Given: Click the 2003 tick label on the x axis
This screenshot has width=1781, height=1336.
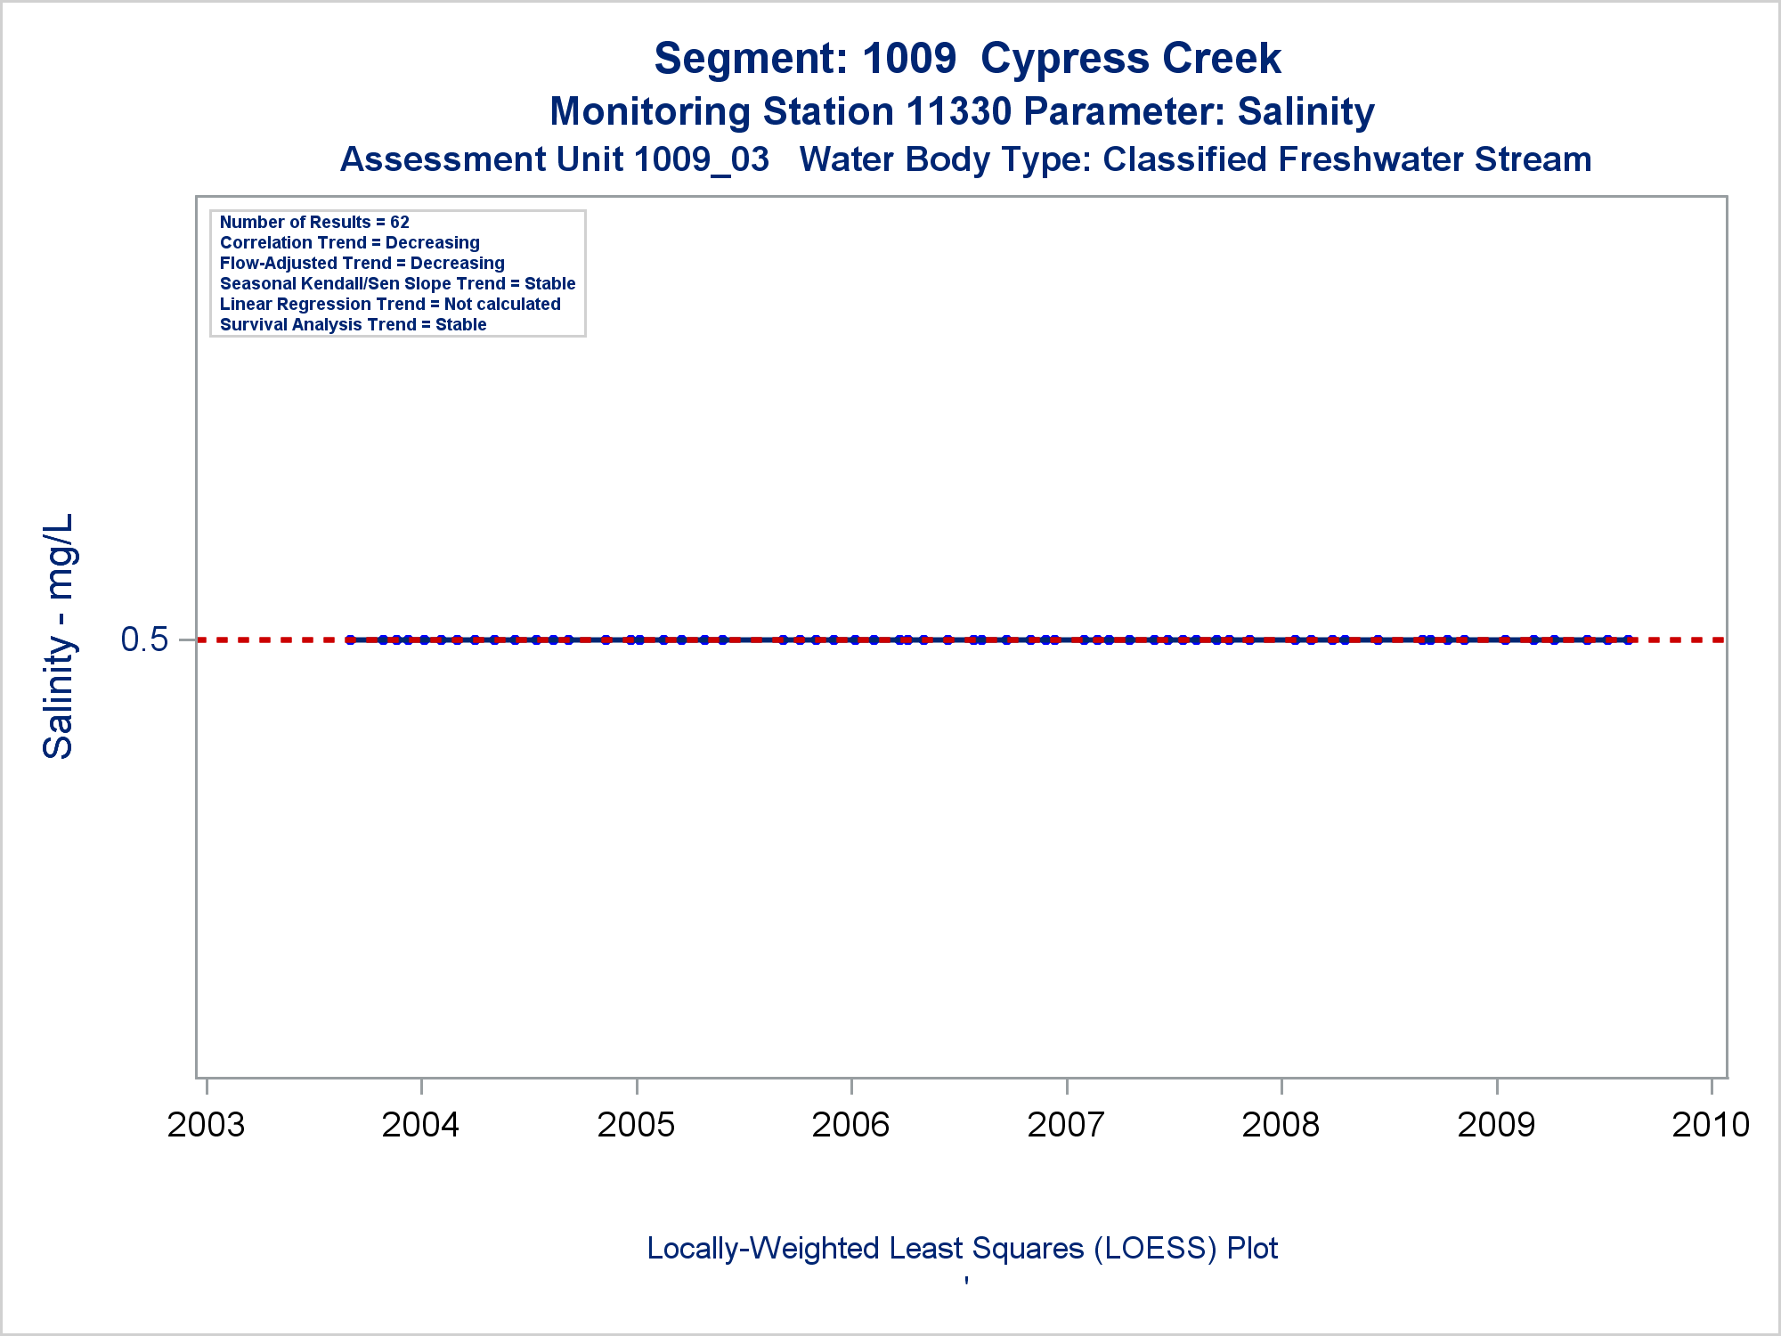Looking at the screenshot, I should pos(206,1125).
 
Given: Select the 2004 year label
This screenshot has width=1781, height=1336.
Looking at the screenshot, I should pos(420,1125).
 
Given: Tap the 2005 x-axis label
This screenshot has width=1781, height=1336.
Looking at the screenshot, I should pos(636,1125).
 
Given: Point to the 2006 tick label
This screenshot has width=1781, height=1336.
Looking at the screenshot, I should pos(850,1125).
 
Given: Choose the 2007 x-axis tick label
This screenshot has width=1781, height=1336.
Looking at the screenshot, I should pos(1066,1125).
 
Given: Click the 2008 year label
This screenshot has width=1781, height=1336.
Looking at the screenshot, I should pos(1281,1125).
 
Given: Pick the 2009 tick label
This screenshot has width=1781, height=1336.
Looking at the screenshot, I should pos(1496,1125).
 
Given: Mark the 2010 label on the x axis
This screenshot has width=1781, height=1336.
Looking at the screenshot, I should pos(1711,1125).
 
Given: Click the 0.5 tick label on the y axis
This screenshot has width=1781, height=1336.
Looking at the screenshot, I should pos(144,639).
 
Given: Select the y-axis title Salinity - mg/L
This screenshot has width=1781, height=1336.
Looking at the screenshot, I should pos(59,637).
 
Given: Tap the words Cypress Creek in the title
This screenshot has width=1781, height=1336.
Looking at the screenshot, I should pos(1130,59).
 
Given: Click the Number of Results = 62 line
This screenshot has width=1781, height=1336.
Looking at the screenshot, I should pos(314,223).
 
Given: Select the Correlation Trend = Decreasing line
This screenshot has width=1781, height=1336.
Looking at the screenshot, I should pos(349,243).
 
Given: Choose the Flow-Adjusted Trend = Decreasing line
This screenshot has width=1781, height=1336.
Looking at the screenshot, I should pos(362,264).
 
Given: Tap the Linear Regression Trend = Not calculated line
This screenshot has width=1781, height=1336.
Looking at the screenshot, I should pos(390,305).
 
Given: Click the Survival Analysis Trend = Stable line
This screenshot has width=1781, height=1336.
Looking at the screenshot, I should pos(353,325).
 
